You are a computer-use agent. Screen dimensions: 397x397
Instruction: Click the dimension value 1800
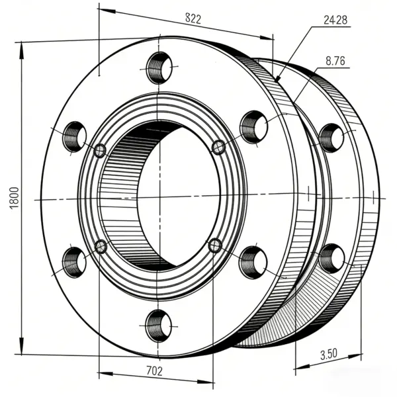14,198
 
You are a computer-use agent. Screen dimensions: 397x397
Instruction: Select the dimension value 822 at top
193,19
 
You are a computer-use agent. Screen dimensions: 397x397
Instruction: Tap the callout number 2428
335,20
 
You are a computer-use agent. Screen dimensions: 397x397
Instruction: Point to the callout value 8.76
335,61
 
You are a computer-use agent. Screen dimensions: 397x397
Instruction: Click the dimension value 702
154,371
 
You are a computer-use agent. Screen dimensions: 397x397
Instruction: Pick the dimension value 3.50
329,354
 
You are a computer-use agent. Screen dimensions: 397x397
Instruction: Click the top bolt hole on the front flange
159,67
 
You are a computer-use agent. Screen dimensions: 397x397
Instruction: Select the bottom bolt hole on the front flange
159,326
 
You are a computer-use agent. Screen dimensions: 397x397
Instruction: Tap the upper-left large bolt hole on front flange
74,137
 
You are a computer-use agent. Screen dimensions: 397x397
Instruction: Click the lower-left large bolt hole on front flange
74,263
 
